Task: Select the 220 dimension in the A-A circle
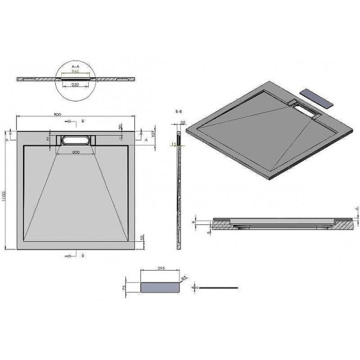click(76, 85)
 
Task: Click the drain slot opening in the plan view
click(76, 140)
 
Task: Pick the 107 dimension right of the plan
click(154, 133)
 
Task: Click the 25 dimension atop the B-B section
click(182, 122)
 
